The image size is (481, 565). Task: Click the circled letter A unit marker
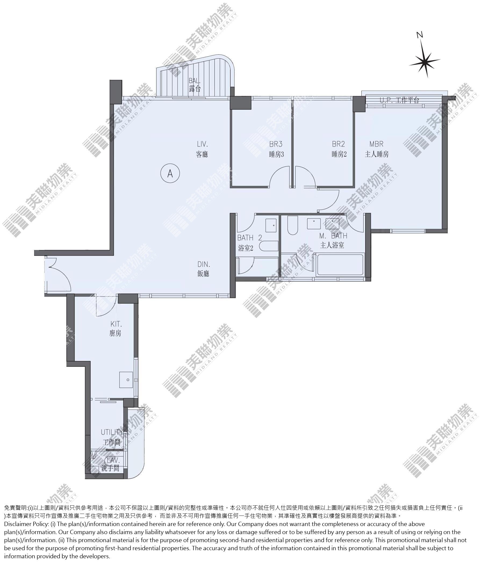170,173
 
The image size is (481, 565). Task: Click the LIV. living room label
202,149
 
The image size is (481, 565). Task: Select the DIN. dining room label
203,269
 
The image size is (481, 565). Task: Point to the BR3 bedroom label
276,149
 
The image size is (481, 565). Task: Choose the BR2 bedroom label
339,149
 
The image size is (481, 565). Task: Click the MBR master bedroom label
376,149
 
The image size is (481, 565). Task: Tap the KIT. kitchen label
115,328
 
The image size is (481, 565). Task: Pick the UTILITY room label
112,437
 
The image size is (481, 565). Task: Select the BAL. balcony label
195,85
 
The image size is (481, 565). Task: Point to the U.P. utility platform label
400,100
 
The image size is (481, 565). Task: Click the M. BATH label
333,241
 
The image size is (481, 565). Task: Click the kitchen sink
126,380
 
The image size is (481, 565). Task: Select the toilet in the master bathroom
293,225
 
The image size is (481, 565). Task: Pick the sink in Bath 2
271,225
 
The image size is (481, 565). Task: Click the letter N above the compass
420,35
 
